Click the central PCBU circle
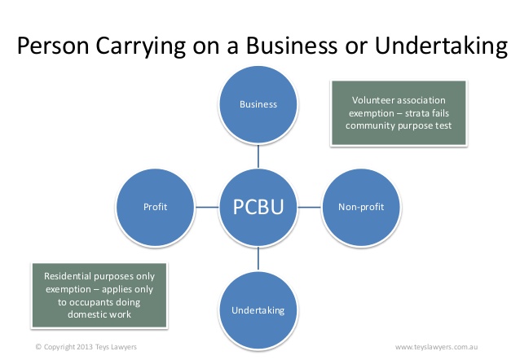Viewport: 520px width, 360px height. tap(258, 207)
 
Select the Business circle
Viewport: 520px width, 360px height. tap(258, 104)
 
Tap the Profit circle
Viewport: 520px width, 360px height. tap(155, 207)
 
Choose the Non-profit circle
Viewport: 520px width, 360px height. tap(361, 207)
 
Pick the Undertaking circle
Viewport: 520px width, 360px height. tap(258, 310)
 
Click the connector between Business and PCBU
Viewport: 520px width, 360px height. tap(258, 156)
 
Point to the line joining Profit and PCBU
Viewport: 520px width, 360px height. tap(207, 207)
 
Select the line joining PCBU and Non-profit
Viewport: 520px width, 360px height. tap(310, 207)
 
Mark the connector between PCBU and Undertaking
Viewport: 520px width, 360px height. tap(258, 259)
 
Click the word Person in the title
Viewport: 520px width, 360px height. tap(53, 46)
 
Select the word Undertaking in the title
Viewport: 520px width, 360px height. tap(442, 46)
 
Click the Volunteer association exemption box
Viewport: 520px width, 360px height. tap(399, 113)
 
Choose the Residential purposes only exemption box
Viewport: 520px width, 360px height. tap(99, 296)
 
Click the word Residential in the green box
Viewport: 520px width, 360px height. tap(68, 276)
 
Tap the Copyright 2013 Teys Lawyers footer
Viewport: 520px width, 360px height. tap(86, 347)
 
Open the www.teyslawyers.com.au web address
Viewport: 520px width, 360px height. tap(436, 347)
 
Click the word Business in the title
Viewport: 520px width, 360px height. tap(292, 46)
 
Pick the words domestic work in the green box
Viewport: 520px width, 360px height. tap(99, 314)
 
